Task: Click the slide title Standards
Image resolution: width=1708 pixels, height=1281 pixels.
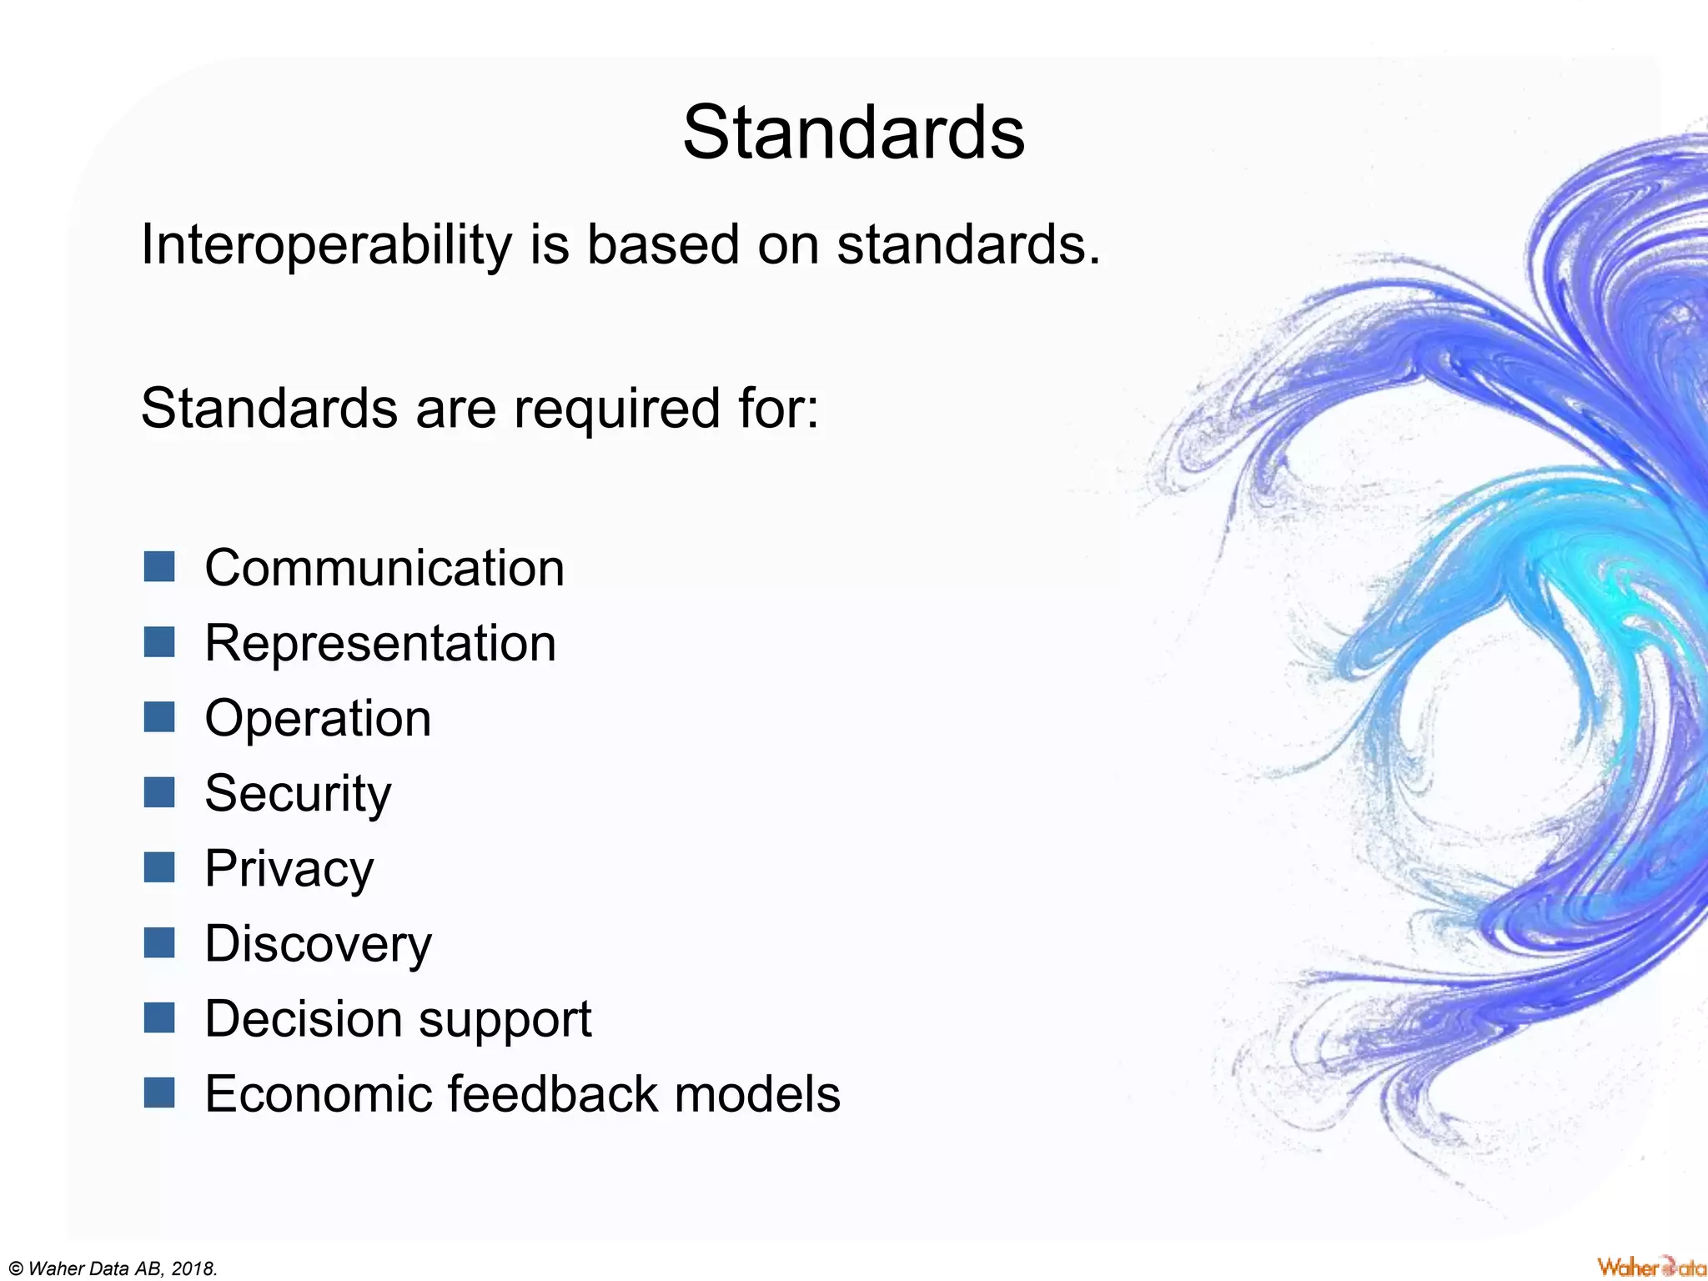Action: point(853,133)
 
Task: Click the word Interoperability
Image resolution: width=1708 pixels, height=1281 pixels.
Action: point(326,244)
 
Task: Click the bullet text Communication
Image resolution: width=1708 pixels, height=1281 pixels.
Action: point(384,568)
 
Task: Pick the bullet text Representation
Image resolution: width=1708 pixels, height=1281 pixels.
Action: point(380,644)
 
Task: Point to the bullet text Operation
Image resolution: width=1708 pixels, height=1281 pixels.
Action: point(318,719)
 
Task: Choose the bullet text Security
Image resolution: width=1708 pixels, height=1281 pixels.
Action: point(298,794)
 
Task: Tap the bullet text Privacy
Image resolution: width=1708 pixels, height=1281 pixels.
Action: point(289,869)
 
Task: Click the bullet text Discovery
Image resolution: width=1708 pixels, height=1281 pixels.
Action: point(318,944)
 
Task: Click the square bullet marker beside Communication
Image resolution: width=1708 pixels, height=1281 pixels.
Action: point(158,567)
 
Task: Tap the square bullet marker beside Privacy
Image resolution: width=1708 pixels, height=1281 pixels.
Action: point(158,867)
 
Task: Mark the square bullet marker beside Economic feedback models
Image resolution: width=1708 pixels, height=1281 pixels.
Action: point(158,1093)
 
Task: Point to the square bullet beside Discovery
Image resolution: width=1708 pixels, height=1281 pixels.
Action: point(158,942)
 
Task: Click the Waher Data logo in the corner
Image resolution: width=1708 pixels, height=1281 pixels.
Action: point(1650,1267)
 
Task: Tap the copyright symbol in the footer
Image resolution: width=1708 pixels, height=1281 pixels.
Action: point(16,1269)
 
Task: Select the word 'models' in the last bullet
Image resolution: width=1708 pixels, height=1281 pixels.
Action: point(757,1093)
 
